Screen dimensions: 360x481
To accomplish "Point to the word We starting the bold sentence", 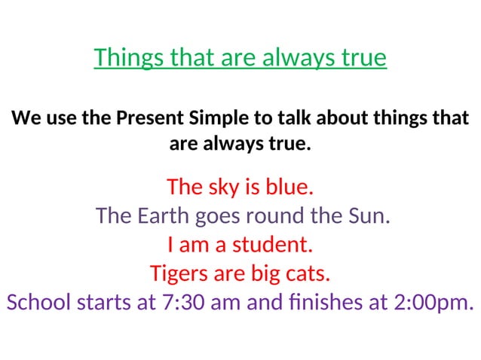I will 24,118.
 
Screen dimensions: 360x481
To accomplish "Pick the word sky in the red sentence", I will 219,186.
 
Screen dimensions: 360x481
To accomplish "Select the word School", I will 38,302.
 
